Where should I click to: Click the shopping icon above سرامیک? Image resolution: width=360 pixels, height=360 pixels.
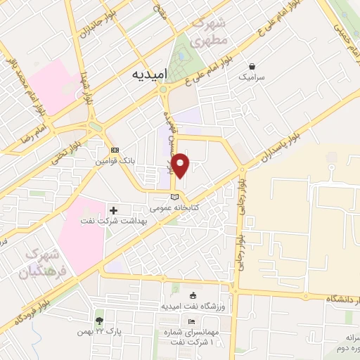coord(252,65)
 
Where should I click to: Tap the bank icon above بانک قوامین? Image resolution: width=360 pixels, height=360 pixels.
coord(115,150)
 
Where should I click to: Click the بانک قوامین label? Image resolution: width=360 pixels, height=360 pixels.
coord(115,162)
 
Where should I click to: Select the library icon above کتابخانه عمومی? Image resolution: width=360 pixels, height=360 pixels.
coord(176,196)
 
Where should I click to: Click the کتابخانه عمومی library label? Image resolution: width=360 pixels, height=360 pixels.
coord(176,208)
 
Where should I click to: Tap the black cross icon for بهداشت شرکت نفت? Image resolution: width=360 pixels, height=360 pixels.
coord(114,210)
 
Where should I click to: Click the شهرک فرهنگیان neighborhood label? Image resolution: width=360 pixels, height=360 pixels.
coord(39,262)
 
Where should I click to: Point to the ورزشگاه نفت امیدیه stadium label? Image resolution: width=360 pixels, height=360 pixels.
coord(195,307)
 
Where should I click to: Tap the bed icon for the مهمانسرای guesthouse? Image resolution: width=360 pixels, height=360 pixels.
coord(192,320)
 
